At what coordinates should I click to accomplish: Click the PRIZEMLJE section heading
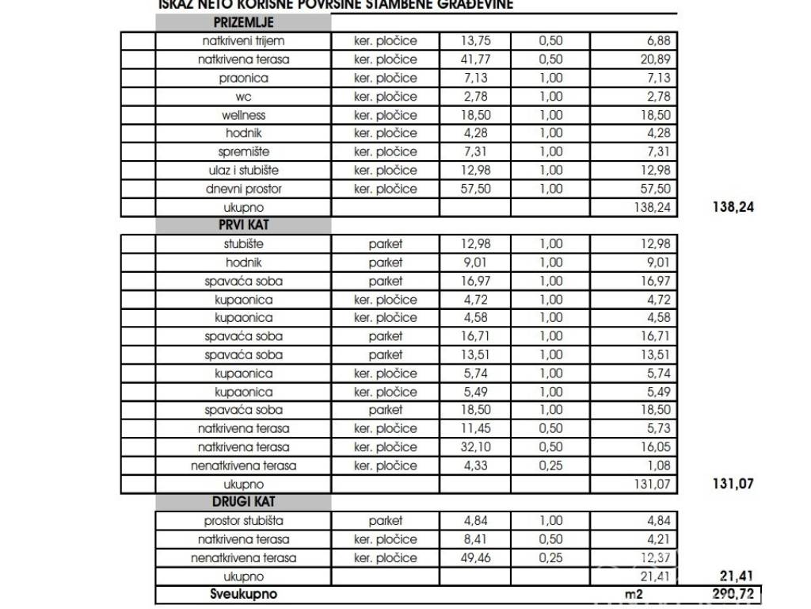click(243, 23)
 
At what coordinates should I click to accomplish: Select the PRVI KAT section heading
click(243, 225)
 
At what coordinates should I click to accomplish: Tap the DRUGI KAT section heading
click(243, 503)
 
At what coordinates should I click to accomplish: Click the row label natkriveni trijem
click(243, 41)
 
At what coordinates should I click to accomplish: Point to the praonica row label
click(243, 78)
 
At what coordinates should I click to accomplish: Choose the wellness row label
click(243, 115)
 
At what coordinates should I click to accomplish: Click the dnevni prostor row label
click(243, 189)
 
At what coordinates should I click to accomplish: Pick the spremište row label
click(243, 151)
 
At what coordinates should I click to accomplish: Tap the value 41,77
click(475, 59)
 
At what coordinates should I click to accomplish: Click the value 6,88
click(658, 41)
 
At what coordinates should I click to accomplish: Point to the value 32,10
click(475, 447)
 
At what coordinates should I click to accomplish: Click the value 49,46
click(475, 557)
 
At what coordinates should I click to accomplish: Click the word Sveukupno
click(243, 593)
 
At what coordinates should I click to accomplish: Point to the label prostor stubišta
click(243, 521)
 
